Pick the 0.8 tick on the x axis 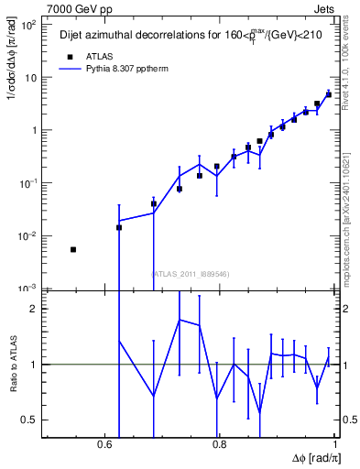coord(220,444)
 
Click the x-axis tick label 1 coord(334,444)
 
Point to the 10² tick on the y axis coord(29,25)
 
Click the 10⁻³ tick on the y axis coord(29,289)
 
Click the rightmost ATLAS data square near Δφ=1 coord(329,94)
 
